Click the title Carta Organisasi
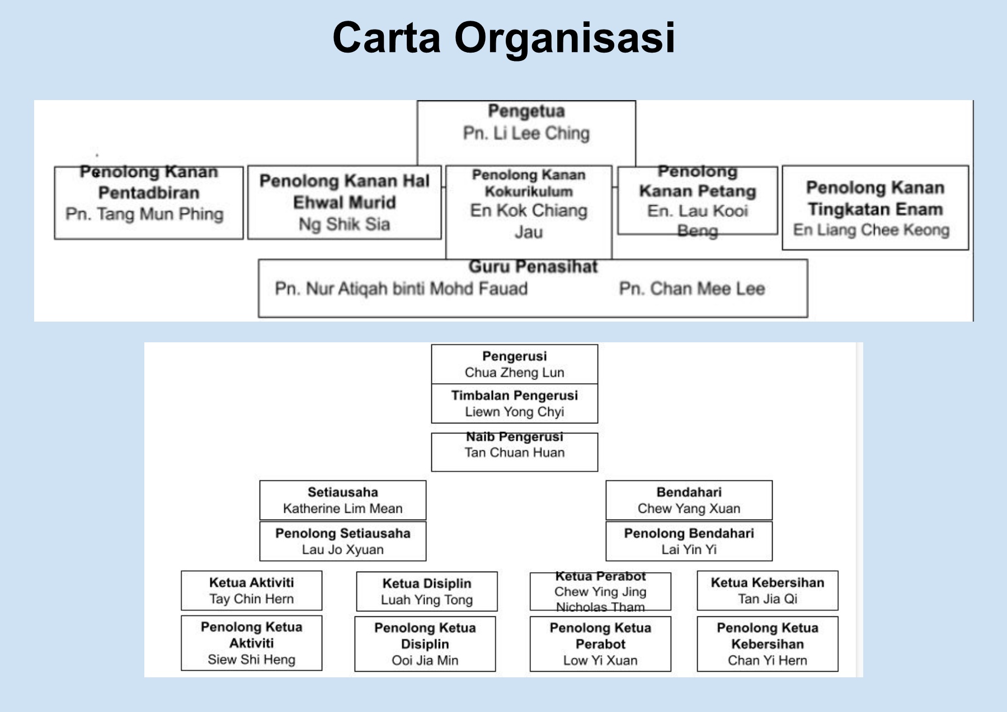click(503, 38)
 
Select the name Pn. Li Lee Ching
click(526, 133)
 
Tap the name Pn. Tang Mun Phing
click(144, 214)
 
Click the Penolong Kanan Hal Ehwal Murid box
click(344, 202)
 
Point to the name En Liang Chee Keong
click(871, 230)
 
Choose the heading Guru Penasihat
click(533, 267)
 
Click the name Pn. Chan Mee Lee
click(691, 289)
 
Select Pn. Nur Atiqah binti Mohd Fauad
click(401, 289)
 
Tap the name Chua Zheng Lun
click(514, 372)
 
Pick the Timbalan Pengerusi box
click(514, 403)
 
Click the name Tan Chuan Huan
click(514, 452)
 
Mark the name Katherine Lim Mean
click(342, 508)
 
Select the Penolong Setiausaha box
click(342, 541)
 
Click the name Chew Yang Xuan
click(689, 508)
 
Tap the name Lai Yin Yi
click(689, 550)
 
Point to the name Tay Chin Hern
click(251, 599)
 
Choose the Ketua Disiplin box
click(427, 591)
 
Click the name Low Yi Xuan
click(600, 661)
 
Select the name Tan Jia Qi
click(768, 599)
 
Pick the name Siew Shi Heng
click(251, 660)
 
